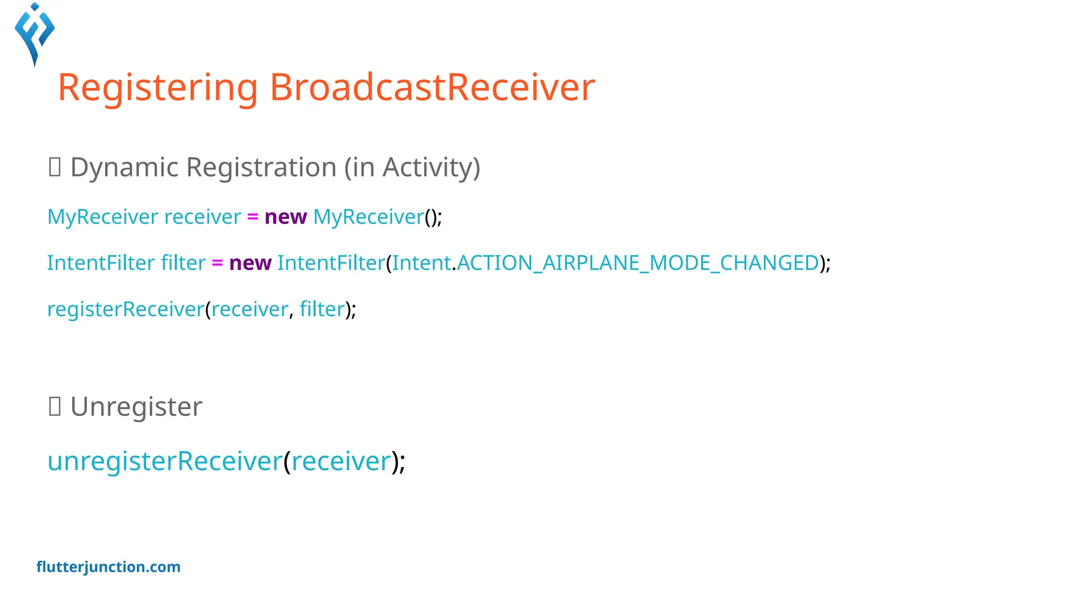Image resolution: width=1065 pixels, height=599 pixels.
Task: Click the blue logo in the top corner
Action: coord(35,34)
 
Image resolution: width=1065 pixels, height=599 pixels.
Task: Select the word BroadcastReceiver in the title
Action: coord(432,87)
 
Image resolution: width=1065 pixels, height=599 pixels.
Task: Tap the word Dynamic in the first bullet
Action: coord(124,167)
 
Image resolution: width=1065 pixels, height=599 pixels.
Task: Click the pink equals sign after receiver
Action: coord(253,217)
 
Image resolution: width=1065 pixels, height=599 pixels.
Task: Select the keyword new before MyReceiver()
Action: coord(285,217)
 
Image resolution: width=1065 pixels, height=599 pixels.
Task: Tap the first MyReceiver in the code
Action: coord(102,217)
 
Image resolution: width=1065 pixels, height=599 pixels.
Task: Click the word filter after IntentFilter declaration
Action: coord(183,263)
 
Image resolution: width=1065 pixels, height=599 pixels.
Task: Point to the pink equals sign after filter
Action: coord(217,263)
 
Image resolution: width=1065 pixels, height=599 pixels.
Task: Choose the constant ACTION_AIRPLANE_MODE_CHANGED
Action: coord(638,263)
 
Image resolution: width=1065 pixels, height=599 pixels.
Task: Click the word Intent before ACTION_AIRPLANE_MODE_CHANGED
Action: coord(421,263)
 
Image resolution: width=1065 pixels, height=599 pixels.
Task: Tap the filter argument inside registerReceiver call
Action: coord(322,309)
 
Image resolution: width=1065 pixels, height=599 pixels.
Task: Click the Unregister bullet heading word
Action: coord(136,407)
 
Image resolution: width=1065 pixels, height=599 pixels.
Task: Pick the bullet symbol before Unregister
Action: coord(55,407)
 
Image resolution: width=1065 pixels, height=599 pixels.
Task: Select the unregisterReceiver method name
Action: coord(165,461)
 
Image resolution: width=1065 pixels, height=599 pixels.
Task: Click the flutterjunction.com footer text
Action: coord(108,567)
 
